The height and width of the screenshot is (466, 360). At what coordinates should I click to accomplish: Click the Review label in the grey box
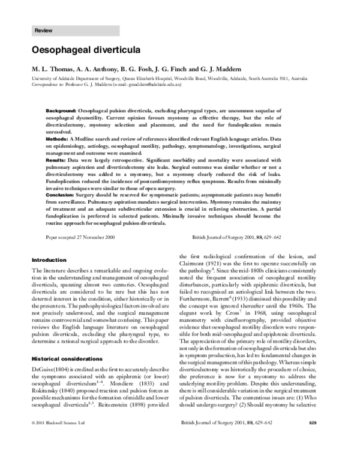(43, 30)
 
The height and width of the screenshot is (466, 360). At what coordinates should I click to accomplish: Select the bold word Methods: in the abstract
(57, 138)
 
